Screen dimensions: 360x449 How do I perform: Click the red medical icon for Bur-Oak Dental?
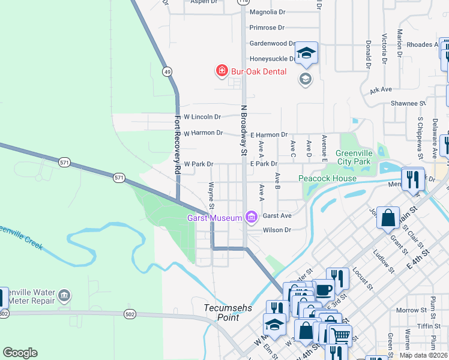(x=221, y=71)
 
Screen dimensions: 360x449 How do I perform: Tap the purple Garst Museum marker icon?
(x=251, y=216)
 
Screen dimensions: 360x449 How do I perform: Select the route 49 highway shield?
(x=166, y=71)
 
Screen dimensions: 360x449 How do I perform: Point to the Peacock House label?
(x=328, y=178)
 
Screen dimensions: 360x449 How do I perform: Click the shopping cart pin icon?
(x=341, y=335)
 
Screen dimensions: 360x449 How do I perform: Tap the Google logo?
(x=20, y=353)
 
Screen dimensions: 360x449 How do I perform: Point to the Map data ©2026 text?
(x=423, y=355)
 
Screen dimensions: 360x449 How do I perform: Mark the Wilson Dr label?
(x=277, y=230)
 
